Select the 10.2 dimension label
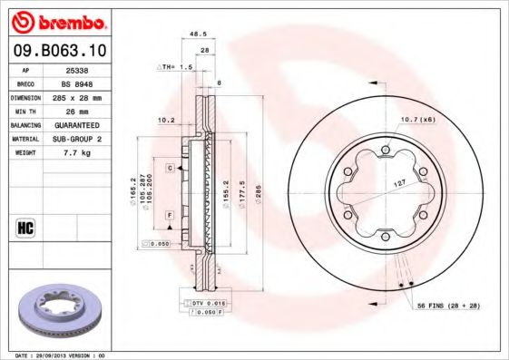[x=166, y=119]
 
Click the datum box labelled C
[x=170, y=168]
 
